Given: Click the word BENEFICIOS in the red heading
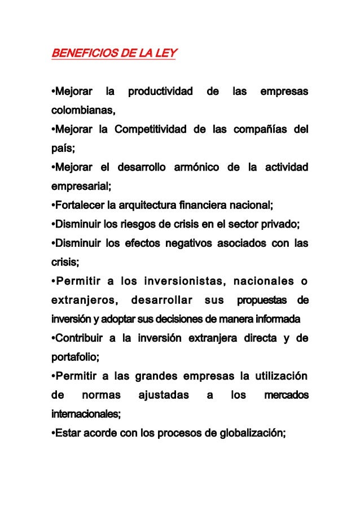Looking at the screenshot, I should [80, 54].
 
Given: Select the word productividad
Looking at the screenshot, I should [160, 91].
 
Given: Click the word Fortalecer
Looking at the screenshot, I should [76, 205].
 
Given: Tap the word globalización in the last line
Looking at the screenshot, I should [253, 433].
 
